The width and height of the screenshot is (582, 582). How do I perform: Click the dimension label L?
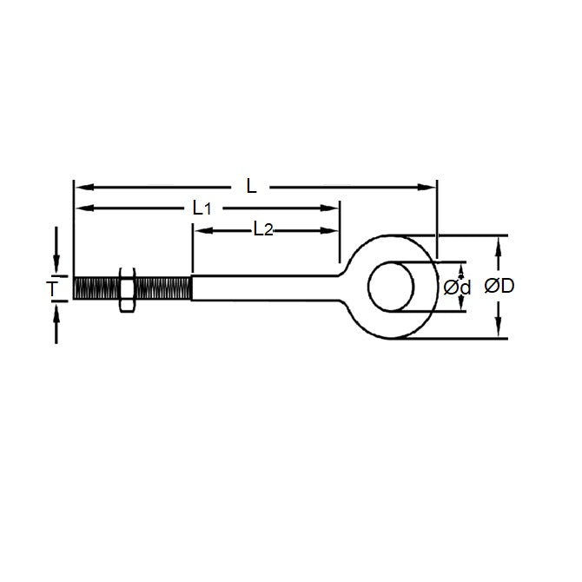252,185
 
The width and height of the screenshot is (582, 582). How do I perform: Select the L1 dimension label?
202,208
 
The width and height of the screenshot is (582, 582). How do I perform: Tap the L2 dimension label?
263,229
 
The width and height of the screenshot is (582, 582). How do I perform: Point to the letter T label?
53,287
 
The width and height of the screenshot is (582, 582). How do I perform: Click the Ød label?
457,287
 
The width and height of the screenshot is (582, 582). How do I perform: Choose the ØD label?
501,286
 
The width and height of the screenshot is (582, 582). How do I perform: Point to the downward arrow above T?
57,264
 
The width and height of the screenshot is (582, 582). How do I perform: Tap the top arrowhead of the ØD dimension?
498,242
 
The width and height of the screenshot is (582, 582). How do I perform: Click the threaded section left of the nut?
94,287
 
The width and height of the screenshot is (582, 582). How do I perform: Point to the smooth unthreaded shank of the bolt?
261,287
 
